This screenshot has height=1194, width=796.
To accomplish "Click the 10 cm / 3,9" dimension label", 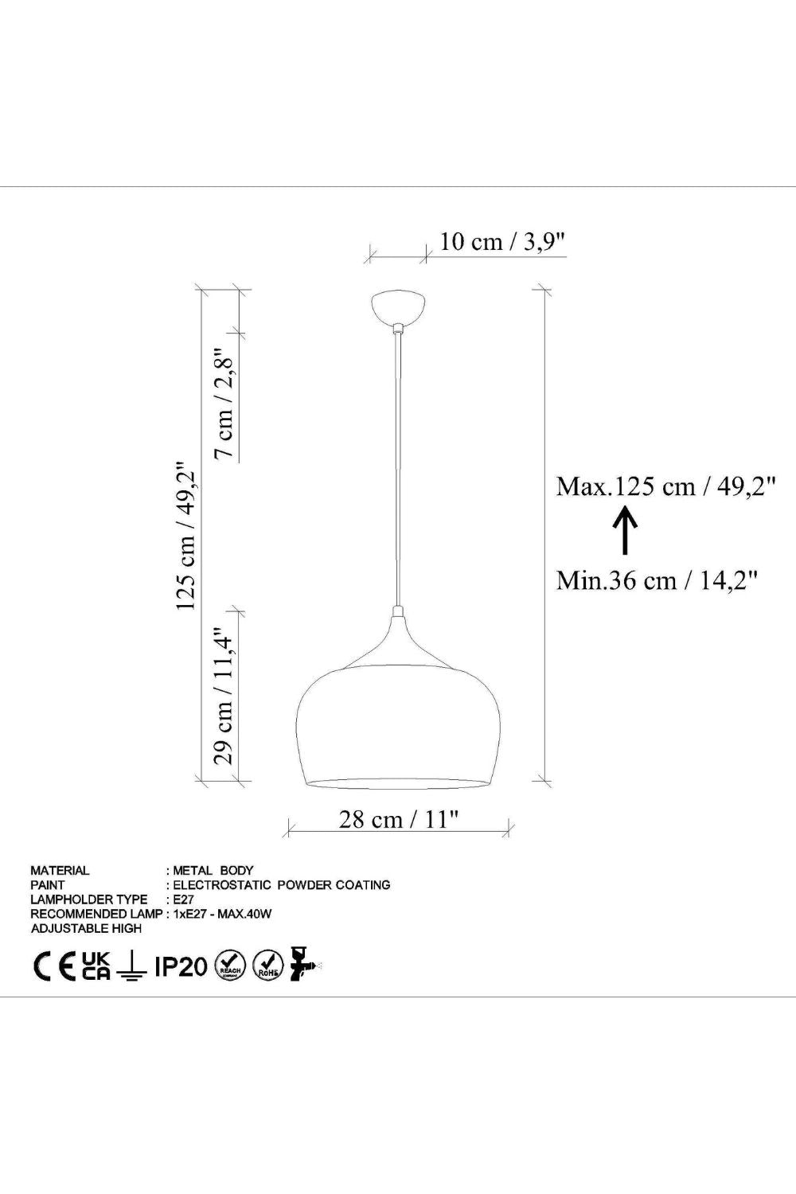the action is pyautogui.click(x=501, y=242).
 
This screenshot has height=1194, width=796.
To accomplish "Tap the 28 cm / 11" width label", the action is pyautogui.click(x=399, y=820).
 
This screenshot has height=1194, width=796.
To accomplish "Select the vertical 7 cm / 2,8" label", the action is pyautogui.click(x=224, y=403).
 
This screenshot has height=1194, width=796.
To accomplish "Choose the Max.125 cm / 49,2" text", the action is pyautogui.click(x=666, y=486).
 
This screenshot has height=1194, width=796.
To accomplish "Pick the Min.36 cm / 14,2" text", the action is pyautogui.click(x=657, y=579).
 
